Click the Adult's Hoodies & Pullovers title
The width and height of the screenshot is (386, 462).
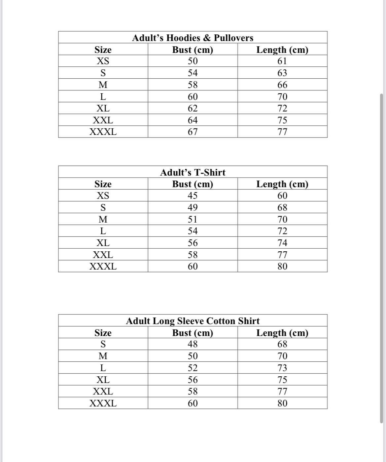(x=193, y=38)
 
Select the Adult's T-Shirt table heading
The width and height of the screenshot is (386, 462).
(x=193, y=172)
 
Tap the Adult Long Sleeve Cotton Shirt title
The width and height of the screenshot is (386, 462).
(x=193, y=321)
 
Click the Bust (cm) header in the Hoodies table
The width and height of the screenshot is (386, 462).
(x=193, y=50)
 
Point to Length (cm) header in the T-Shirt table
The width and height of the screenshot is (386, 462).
(x=282, y=184)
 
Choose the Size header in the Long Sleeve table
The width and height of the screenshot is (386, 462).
(x=103, y=333)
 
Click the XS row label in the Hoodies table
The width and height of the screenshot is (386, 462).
(x=103, y=61)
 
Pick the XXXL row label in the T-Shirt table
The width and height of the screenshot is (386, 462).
(x=103, y=266)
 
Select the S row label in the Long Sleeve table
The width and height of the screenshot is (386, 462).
(x=103, y=344)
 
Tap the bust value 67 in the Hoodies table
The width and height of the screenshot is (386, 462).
(x=193, y=132)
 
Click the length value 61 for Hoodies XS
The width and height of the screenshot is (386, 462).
(x=282, y=61)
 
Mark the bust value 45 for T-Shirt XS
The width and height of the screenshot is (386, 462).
(x=193, y=196)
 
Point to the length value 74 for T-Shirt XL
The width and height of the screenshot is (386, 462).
(x=282, y=243)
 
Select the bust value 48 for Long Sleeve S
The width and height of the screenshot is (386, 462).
(x=193, y=344)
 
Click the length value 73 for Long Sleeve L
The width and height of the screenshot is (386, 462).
(x=282, y=368)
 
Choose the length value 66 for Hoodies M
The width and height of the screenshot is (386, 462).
(x=282, y=85)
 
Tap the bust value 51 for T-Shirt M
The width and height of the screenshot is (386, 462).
(x=193, y=219)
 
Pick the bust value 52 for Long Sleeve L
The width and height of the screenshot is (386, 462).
(x=193, y=368)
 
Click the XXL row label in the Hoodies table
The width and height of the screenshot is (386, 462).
(x=103, y=120)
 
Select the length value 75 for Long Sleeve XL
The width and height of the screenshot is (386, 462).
(x=282, y=380)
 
